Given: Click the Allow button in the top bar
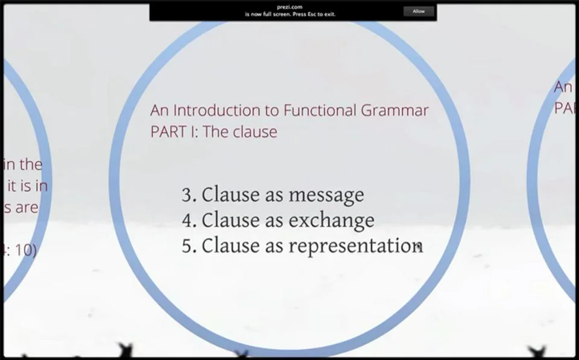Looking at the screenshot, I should (419, 11).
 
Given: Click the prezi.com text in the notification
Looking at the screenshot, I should (293, 7).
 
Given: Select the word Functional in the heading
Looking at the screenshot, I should (320, 110).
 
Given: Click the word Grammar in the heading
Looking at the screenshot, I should (395, 111).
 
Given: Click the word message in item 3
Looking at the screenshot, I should (326, 195).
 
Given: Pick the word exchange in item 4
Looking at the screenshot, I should (331, 221).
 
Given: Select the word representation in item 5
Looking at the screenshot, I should (355, 246).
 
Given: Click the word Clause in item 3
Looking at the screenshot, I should (227, 195).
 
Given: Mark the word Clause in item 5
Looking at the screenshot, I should (227, 246).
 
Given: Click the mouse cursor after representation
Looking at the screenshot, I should (420, 247).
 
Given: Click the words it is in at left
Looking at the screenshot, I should (27, 186).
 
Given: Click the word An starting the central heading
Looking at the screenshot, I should (159, 110).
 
